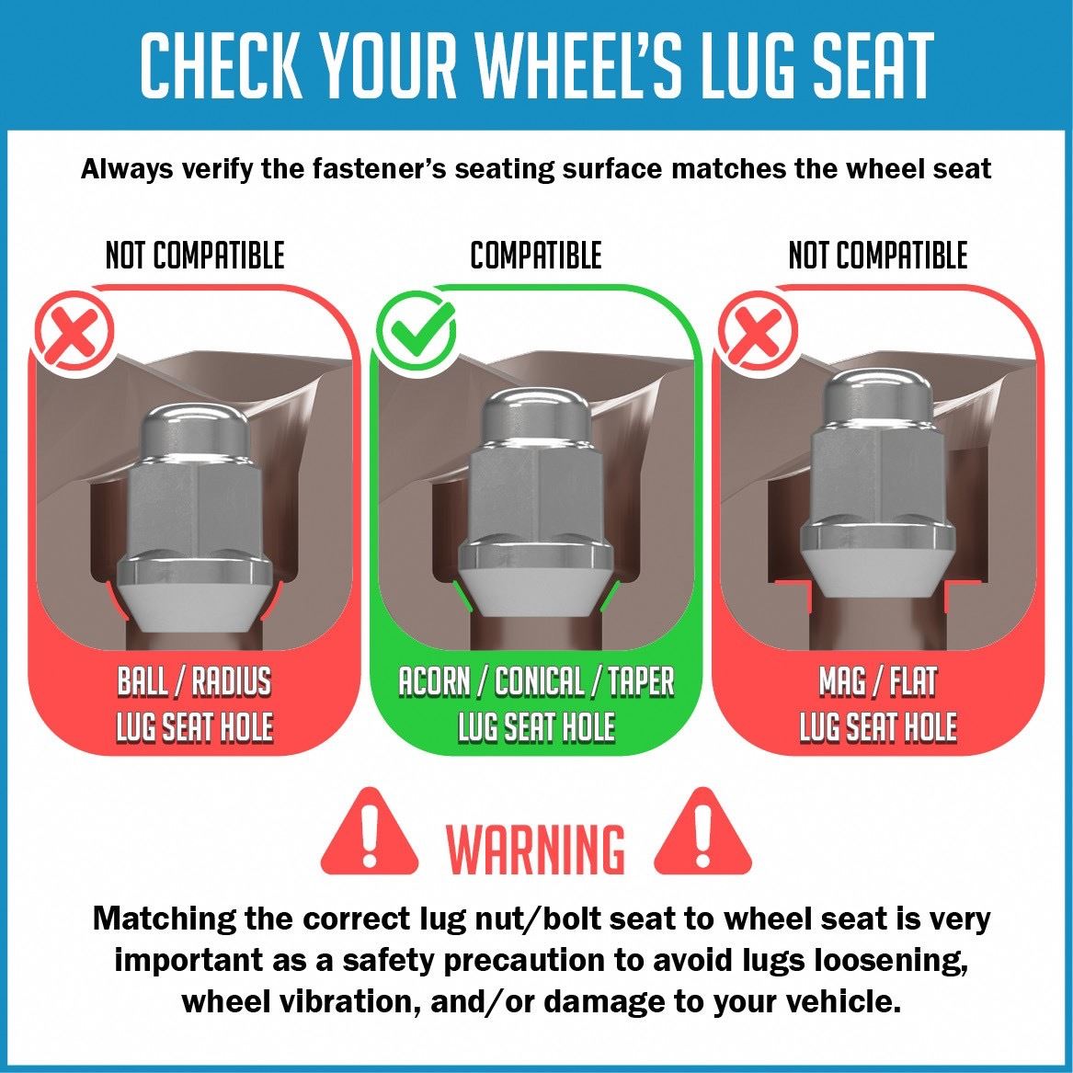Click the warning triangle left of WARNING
[369, 831]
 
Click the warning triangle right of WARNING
[702, 831]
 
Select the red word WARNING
[536, 850]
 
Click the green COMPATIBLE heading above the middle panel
[536, 256]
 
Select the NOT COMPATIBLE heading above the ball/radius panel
[195, 256]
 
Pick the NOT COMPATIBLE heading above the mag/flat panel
[878, 256]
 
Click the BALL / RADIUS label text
[194, 681]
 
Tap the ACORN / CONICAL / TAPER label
[537, 681]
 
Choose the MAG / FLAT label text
[878, 681]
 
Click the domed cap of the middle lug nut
[537, 415]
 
